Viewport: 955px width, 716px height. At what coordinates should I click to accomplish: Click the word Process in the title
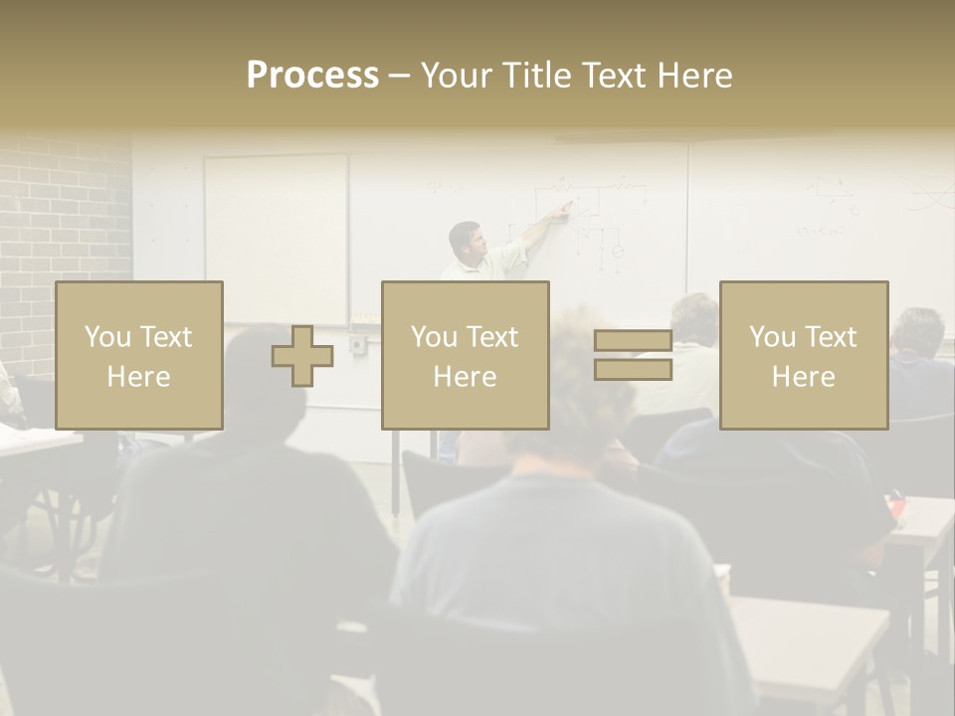pos(312,76)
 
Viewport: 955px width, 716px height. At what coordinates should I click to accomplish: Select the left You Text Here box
pos(139,356)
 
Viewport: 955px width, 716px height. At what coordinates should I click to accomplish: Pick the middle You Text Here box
pos(466,356)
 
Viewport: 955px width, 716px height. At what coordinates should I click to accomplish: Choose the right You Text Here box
pos(804,356)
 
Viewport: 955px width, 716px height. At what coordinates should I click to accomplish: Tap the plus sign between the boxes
pos(302,356)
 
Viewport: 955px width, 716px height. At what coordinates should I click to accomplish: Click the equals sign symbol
pos(633,355)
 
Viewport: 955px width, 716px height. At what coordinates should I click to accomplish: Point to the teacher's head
pos(465,240)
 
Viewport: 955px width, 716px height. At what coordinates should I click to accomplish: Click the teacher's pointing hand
pos(565,210)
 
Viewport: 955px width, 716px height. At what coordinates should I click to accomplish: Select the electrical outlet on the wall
pos(357,344)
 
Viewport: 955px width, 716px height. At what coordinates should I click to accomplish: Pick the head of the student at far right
pos(917,333)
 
